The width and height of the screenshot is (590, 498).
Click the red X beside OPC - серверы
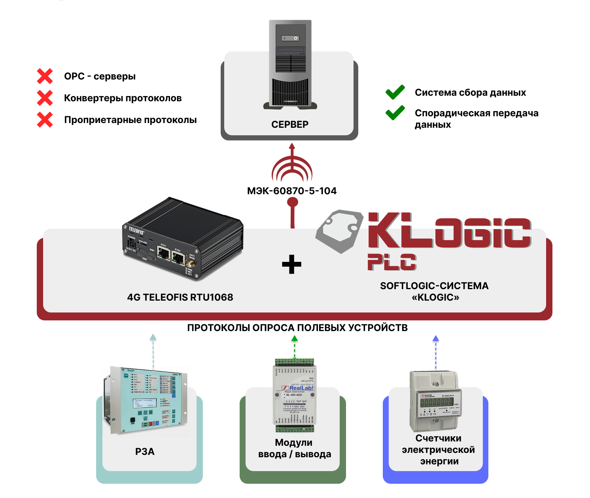[45, 76]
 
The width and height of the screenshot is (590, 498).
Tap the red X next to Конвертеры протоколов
[45, 98]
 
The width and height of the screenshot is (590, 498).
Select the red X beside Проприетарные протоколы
[45, 119]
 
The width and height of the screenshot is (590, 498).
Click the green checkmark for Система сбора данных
[395, 92]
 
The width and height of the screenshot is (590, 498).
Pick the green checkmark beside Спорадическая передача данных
[395, 113]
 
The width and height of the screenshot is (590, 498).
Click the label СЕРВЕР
[289, 125]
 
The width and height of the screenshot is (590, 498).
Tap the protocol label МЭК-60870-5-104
[292, 191]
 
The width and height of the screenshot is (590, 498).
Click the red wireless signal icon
[292, 166]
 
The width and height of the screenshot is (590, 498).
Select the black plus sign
[292, 265]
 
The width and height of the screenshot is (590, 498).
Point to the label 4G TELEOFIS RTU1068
[180, 297]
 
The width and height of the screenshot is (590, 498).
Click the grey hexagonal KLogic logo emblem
[340, 231]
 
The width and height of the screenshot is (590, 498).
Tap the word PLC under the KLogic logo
[391, 262]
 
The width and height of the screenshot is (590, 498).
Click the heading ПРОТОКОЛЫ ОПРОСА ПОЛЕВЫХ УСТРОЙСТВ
[297, 328]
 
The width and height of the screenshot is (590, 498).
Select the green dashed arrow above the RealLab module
[295, 347]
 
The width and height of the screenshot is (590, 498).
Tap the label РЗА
[145, 452]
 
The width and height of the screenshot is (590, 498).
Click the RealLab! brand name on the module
[301, 388]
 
